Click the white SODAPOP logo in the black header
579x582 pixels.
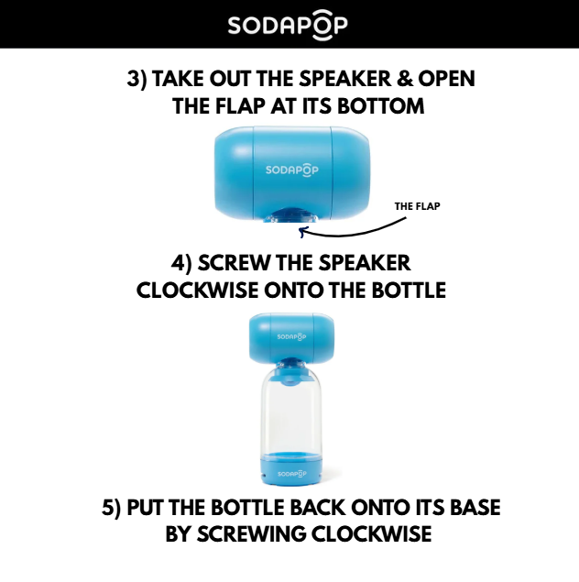288,25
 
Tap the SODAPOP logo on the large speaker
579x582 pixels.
292,170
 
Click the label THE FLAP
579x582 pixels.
417,206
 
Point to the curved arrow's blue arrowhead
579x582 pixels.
303,232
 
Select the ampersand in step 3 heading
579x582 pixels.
405,79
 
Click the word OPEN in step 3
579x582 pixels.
446,79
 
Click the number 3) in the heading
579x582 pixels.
137,79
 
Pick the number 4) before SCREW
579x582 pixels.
181,263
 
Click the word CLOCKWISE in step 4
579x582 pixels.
197,291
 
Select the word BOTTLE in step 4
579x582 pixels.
409,291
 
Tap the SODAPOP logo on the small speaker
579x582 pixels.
292,337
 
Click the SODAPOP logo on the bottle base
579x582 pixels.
292,474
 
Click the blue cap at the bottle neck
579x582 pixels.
291,375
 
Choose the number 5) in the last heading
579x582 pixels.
111,508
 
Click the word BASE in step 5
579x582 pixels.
475,508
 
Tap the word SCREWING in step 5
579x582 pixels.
251,534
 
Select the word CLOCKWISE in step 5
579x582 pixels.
371,534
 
